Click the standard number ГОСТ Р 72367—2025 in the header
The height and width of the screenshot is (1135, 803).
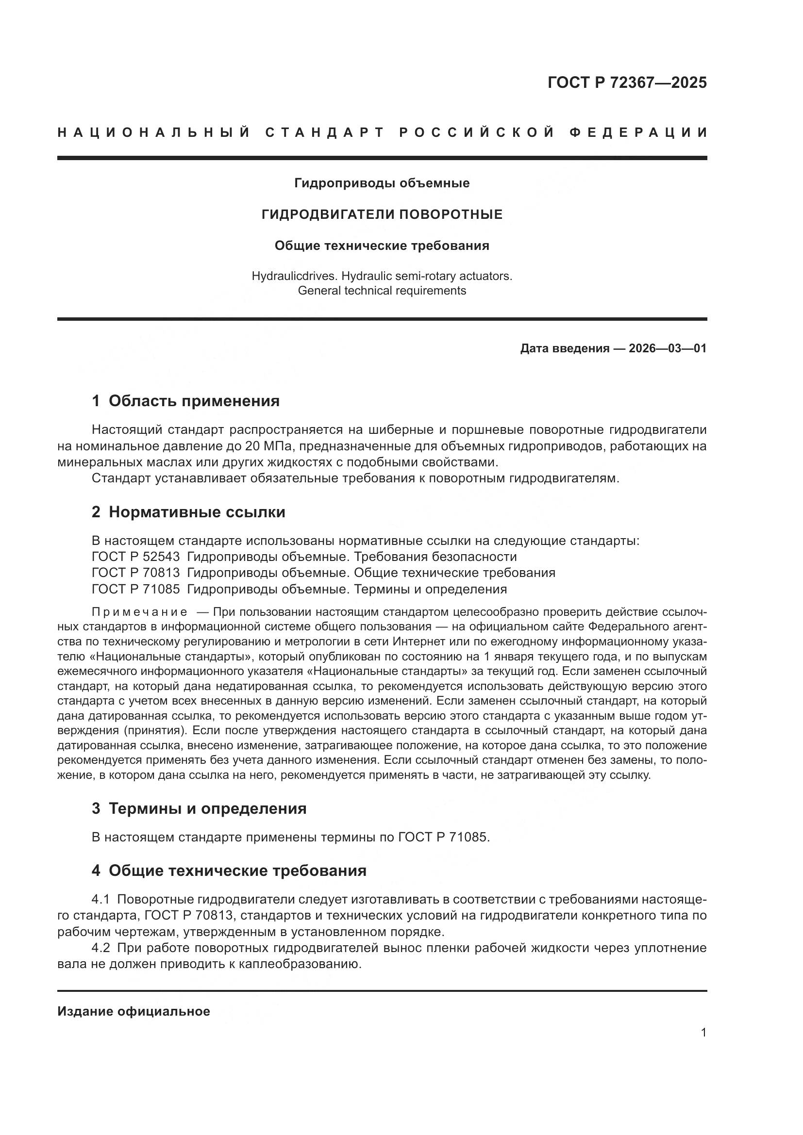tap(627, 82)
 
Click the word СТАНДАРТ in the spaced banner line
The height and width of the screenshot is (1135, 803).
tap(325, 132)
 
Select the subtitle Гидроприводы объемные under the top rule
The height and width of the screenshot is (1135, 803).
tap(382, 183)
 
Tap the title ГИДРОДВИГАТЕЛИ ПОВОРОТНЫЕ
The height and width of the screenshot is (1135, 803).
tap(382, 214)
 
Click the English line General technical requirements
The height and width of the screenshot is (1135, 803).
tap(382, 291)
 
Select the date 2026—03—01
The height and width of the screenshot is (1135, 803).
tap(667, 348)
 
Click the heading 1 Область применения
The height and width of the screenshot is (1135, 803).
tap(185, 401)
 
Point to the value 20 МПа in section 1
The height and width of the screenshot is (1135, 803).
tap(269, 446)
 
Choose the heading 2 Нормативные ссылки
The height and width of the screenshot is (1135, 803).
tap(188, 512)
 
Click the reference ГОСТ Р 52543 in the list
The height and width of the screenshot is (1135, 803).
tap(135, 557)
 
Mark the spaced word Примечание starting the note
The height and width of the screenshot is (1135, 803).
tap(139, 612)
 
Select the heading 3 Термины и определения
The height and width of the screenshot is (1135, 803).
tap(199, 809)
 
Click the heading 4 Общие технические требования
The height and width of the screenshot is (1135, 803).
tap(229, 871)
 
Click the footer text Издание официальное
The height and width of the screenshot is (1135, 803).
tap(134, 1011)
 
